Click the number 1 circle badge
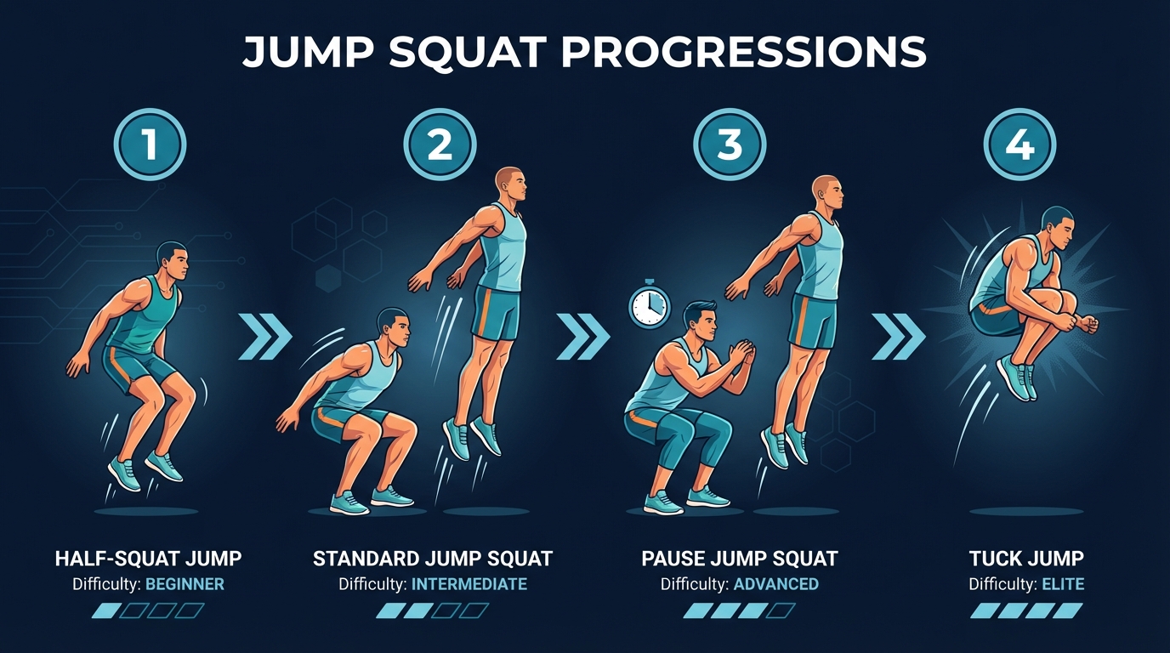pyautogui.click(x=150, y=145)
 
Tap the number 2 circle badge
pyautogui.click(x=440, y=145)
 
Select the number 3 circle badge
pyautogui.click(x=730, y=145)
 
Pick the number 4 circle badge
pyautogui.click(x=1019, y=145)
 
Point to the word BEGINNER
pyautogui.click(x=185, y=584)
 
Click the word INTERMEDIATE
pyautogui.click(x=469, y=584)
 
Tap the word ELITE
pyautogui.click(x=1060, y=584)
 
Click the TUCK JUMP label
pyautogui.click(x=1026, y=559)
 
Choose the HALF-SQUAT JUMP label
pyautogui.click(x=148, y=559)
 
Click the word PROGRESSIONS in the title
pyautogui.click(x=745, y=53)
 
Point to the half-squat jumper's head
pyautogui.click(x=173, y=258)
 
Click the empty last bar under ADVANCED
pyautogui.click(x=780, y=610)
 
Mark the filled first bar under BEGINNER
pyautogui.click(x=106, y=610)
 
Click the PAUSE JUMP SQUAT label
pyautogui.click(x=739, y=559)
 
